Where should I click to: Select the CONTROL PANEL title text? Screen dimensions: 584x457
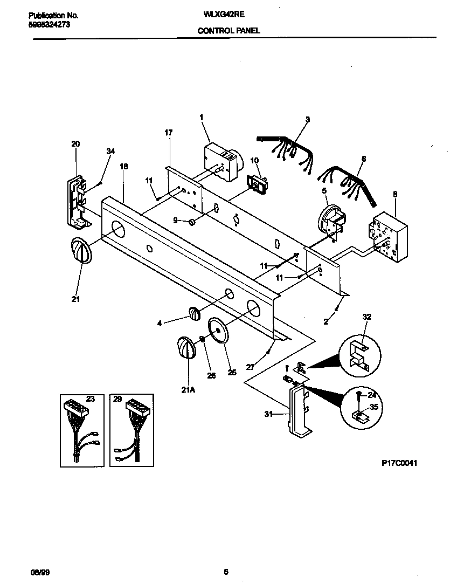(228, 31)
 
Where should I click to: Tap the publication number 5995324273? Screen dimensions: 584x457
(49, 25)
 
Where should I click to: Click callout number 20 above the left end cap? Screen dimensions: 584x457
(75, 144)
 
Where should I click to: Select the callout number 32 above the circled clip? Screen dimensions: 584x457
(367, 318)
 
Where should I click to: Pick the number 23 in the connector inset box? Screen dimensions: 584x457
(90, 399)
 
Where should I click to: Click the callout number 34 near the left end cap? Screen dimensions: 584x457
(110, 152)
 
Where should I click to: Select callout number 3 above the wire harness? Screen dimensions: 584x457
(307, 119)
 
